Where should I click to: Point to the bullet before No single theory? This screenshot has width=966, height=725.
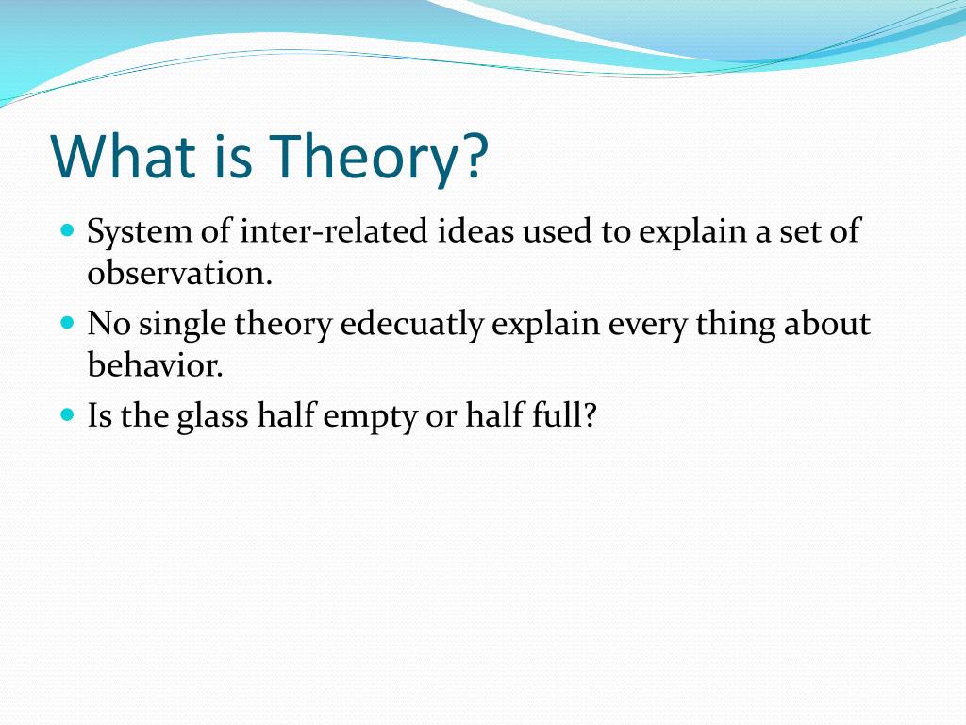tap(68, 323)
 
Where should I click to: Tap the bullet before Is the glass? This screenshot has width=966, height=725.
tap(68, 414)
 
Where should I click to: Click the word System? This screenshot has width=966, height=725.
tap(140, 233)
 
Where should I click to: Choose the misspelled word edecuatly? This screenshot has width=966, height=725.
tap(411, 325)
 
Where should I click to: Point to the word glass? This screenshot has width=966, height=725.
tap(212, 416)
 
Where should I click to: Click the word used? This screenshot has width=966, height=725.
tap(557, 231)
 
